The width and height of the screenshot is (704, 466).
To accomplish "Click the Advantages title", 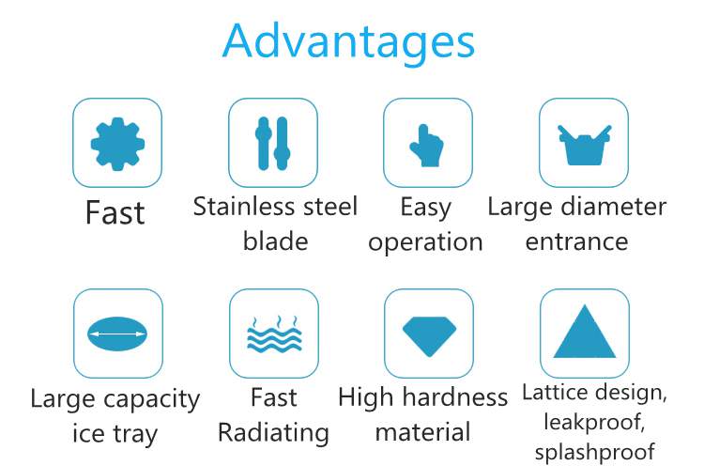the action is (348, 42).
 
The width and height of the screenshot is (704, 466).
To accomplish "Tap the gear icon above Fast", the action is (117, 144).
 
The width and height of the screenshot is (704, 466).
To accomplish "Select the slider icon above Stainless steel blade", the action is (273, 144).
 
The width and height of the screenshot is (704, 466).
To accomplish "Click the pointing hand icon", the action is (426, 146).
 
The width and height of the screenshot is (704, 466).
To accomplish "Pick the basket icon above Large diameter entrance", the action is (584, 145).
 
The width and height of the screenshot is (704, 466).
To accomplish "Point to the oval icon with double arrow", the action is (117, 334).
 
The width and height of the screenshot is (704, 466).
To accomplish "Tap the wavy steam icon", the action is (274, 334).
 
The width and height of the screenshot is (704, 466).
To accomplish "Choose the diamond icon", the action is (429, 336).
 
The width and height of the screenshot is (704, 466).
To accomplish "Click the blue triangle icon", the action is (585, 332).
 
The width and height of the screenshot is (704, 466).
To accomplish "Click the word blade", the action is (275, 241).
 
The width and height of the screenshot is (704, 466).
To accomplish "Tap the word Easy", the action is (425, 209).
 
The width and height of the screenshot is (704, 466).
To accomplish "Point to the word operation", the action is (425, 243).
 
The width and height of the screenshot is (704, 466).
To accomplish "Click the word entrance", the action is (576, 242).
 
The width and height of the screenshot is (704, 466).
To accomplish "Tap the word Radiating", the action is (273, 434).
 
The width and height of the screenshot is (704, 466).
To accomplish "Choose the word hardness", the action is (455, 397).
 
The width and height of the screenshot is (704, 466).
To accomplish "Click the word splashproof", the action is (595, 453).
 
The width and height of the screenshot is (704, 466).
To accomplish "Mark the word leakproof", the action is (595, 423).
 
